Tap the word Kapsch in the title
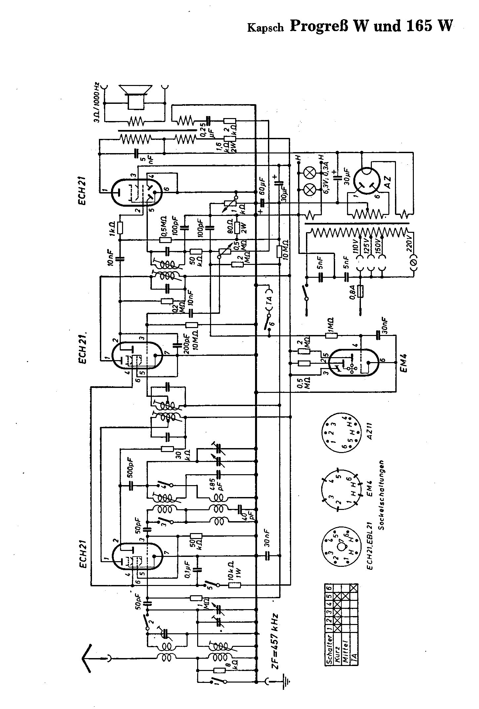[265, 28]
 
